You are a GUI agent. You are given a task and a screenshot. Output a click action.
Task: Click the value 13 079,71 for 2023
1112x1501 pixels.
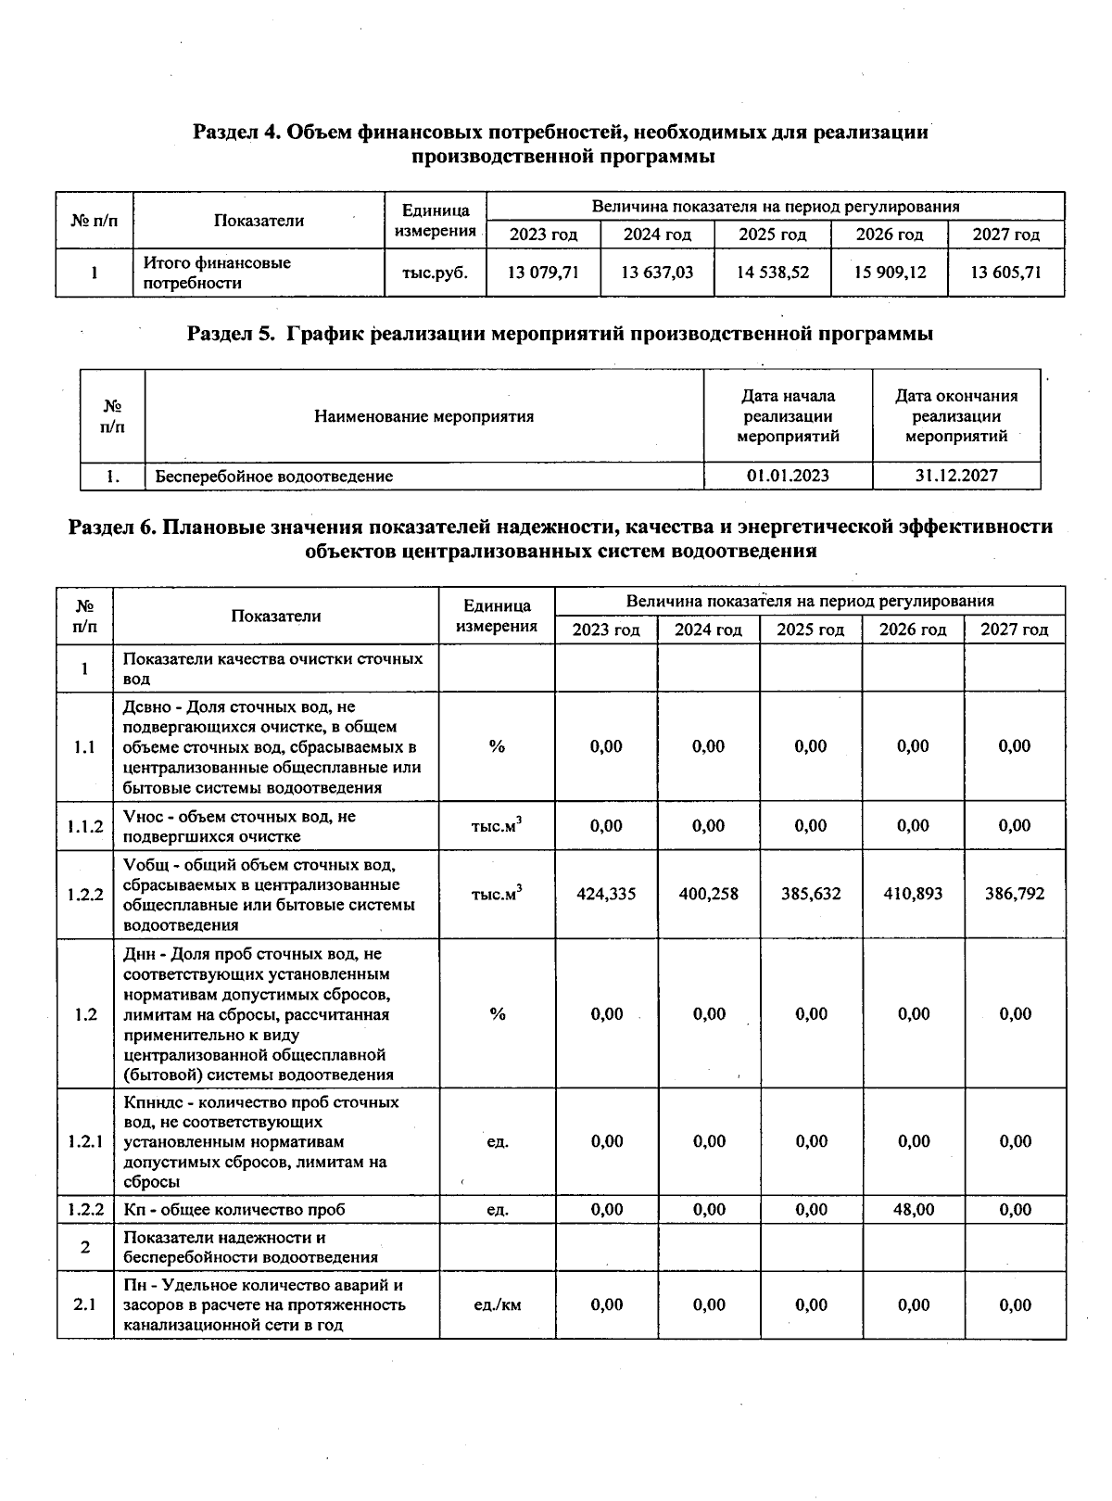tap(543, 273)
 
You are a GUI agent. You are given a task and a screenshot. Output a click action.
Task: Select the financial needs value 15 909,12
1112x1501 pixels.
tap(890, 273)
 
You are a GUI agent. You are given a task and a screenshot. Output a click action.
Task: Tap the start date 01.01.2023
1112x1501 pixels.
tap(788, 476)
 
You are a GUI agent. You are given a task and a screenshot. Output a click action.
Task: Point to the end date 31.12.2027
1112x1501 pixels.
tap(956, 476)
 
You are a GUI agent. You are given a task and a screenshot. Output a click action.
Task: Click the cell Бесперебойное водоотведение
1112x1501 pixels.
tap(274, 477)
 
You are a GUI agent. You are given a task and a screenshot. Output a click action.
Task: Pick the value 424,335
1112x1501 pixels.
tap(606, 894)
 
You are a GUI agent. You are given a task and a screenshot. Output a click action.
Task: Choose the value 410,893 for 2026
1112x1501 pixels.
tap(913, 894)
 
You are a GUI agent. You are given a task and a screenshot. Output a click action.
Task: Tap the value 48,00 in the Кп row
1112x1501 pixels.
tap(913, 1209)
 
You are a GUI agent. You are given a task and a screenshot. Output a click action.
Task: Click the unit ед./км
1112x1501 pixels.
tap(497, 1304)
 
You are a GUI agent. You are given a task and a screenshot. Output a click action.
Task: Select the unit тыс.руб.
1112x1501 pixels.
tap(436, 273)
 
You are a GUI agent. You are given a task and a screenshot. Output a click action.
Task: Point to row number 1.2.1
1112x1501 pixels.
tap(85, 1141)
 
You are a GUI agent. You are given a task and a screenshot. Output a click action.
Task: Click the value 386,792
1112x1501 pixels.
tap(1015, 894)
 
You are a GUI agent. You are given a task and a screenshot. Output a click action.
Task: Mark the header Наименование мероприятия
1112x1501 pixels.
tap(424, 416)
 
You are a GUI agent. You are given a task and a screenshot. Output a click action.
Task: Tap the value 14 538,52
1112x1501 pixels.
tap(772, 273)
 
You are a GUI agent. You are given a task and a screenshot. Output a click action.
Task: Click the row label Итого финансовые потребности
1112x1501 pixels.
tap(217, 273)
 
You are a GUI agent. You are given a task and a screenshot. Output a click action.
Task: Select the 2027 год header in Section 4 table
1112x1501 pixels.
tap(1005, 235)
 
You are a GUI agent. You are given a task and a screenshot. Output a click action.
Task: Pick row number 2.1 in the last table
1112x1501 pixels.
tap(85, 1304)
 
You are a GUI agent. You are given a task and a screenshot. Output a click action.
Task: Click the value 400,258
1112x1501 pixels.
tap(709, 894)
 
